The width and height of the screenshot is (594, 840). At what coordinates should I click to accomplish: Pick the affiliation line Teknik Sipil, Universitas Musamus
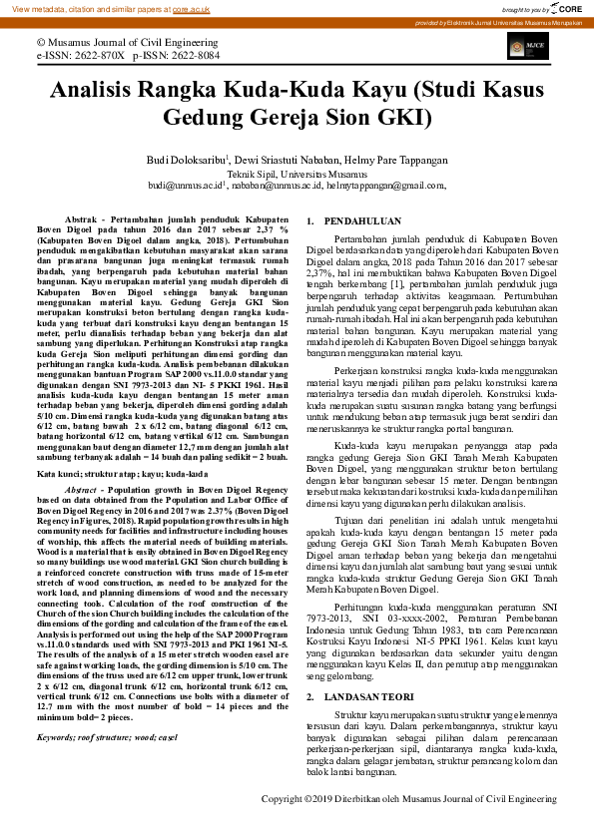tap(297, 173)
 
